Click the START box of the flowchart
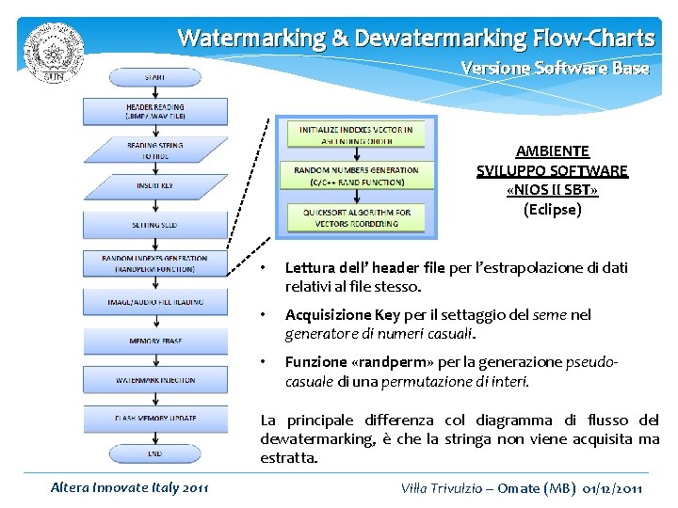click(x=155, y=76)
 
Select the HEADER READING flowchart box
click(x=155, y=112)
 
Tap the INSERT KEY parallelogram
click(x=155, y=186)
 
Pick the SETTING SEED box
click(x=155, y=225)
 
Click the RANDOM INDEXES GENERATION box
click(x=155, y=262)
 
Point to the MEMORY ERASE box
click(x=155, y=340)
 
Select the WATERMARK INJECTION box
click(x=155, y=379)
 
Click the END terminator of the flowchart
click(x=155, y=452)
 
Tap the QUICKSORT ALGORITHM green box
click(x=356, y=217)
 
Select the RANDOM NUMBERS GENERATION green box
click(x=356, y=176)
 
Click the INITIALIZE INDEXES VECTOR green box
click(x=356, y=135)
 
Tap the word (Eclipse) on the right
click(x=553, y=209)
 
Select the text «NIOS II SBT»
click(x=553, y=190)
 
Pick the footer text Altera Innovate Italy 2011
click(x=130, y=487)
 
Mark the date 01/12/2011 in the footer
click(x=612, y=487)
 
